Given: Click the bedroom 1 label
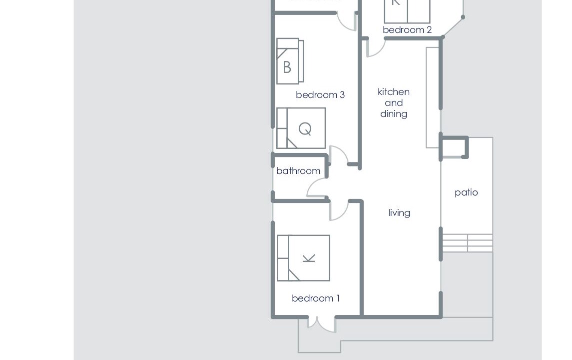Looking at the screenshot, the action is coord(316,298).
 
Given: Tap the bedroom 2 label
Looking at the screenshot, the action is coord(407,30).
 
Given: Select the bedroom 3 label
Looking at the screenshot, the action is coord(320,95).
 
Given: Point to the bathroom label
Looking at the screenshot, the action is coord(298,171).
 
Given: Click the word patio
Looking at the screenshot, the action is coord(466,192).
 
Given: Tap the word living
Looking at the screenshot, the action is coord(399,213).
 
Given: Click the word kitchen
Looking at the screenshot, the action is coord(394,91).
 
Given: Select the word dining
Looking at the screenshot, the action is coord(394,114).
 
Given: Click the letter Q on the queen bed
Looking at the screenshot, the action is coord(305,129).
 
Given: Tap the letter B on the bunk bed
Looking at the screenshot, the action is coord(287,67).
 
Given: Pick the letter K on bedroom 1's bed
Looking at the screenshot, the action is coord(309,258).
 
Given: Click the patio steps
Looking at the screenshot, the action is coord(467,243).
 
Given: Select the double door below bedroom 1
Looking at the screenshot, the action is coord(321,324).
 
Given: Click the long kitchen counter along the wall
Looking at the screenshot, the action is coord(432,98).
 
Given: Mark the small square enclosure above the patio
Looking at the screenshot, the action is coord(454,147).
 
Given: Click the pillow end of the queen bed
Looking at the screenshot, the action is coord(282,128).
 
